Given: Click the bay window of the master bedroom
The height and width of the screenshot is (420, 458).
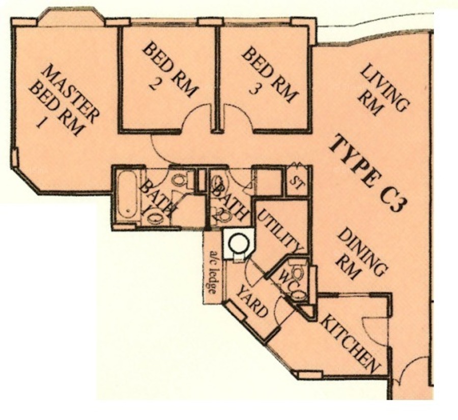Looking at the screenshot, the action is click(71, 17).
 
